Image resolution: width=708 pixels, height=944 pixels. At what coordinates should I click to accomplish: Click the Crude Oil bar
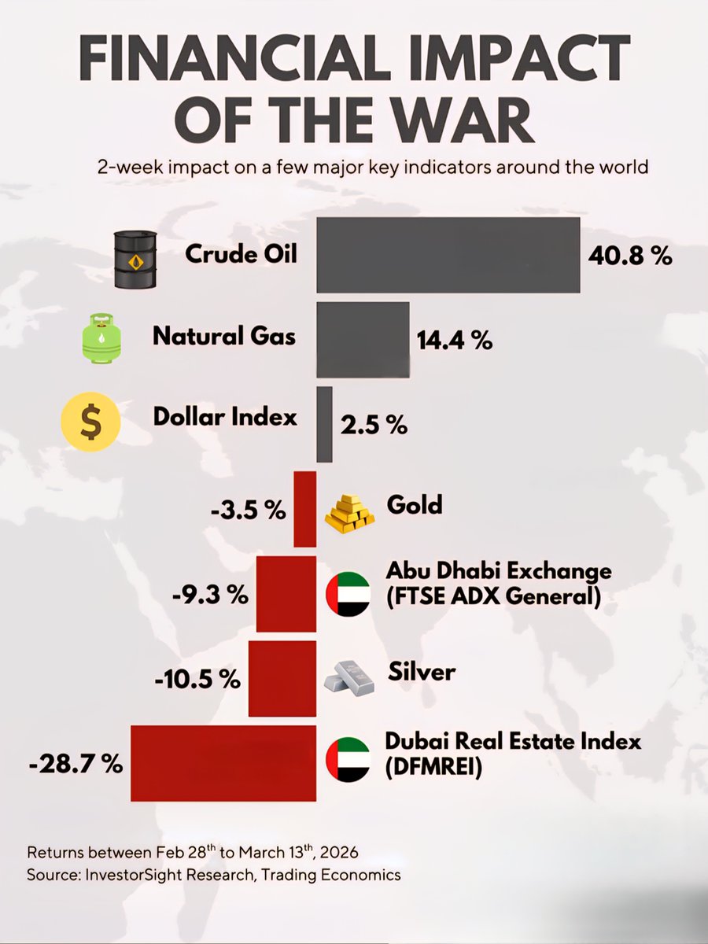tap(448, 256)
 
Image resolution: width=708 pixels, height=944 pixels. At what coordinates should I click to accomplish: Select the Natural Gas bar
tap(363, 339)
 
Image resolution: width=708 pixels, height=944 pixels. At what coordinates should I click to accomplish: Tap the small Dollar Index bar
tap(324, 424)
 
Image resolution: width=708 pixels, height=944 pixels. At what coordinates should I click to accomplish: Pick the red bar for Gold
tap(304, 509)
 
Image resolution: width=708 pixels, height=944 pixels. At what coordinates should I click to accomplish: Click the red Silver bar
tap(282, 678)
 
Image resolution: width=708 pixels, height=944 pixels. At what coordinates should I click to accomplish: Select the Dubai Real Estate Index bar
tap(223, 763)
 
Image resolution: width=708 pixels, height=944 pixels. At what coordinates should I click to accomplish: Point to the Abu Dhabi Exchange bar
tap(286, 594)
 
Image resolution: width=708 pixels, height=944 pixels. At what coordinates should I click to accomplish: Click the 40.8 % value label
tap(630, 256)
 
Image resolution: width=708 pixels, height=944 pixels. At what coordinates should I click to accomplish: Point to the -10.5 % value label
tap(197, 679)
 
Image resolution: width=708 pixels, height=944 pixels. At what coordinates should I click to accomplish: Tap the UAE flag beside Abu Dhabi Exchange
tap(348, 594)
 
